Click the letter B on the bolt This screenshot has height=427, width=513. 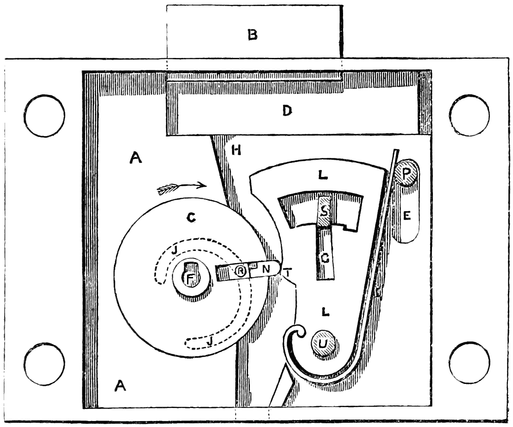pyautogui.click(x=252, y=35)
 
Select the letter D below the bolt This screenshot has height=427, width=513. pyautogui.click(x=288, y=112)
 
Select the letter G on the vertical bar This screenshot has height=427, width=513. pyautogui.click(x=325, y=260)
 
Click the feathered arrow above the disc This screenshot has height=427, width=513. pyautogui.click(x=181, y=187)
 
